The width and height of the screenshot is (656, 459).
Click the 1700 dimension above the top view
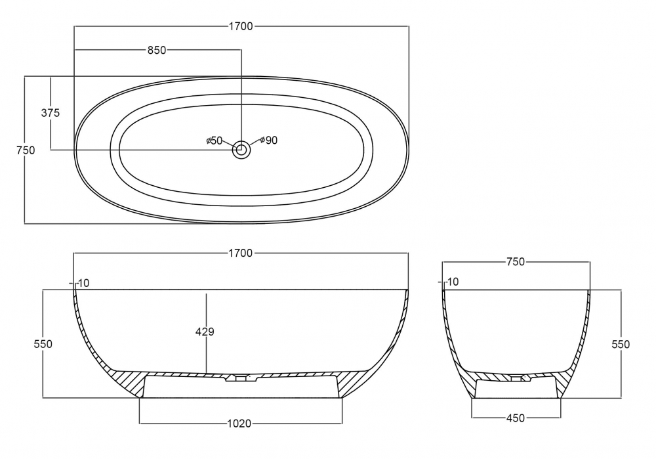click(x=241, y=26)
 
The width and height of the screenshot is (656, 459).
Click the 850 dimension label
click(x=157, y=51)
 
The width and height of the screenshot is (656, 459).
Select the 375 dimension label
click(x=51, y=113)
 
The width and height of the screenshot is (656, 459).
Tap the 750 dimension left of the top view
click(x=26, y=150)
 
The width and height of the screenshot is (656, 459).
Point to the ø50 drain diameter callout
click(x=215, y=141)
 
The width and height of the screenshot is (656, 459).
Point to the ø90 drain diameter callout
click(x=268, y=141)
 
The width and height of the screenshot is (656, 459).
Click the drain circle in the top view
click(x=241, y=150)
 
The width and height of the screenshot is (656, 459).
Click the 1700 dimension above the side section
click(x=241, y=253)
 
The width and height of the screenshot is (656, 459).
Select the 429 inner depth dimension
click(x=205, y=332)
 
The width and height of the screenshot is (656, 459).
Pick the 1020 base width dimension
click(x=239, y=424)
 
